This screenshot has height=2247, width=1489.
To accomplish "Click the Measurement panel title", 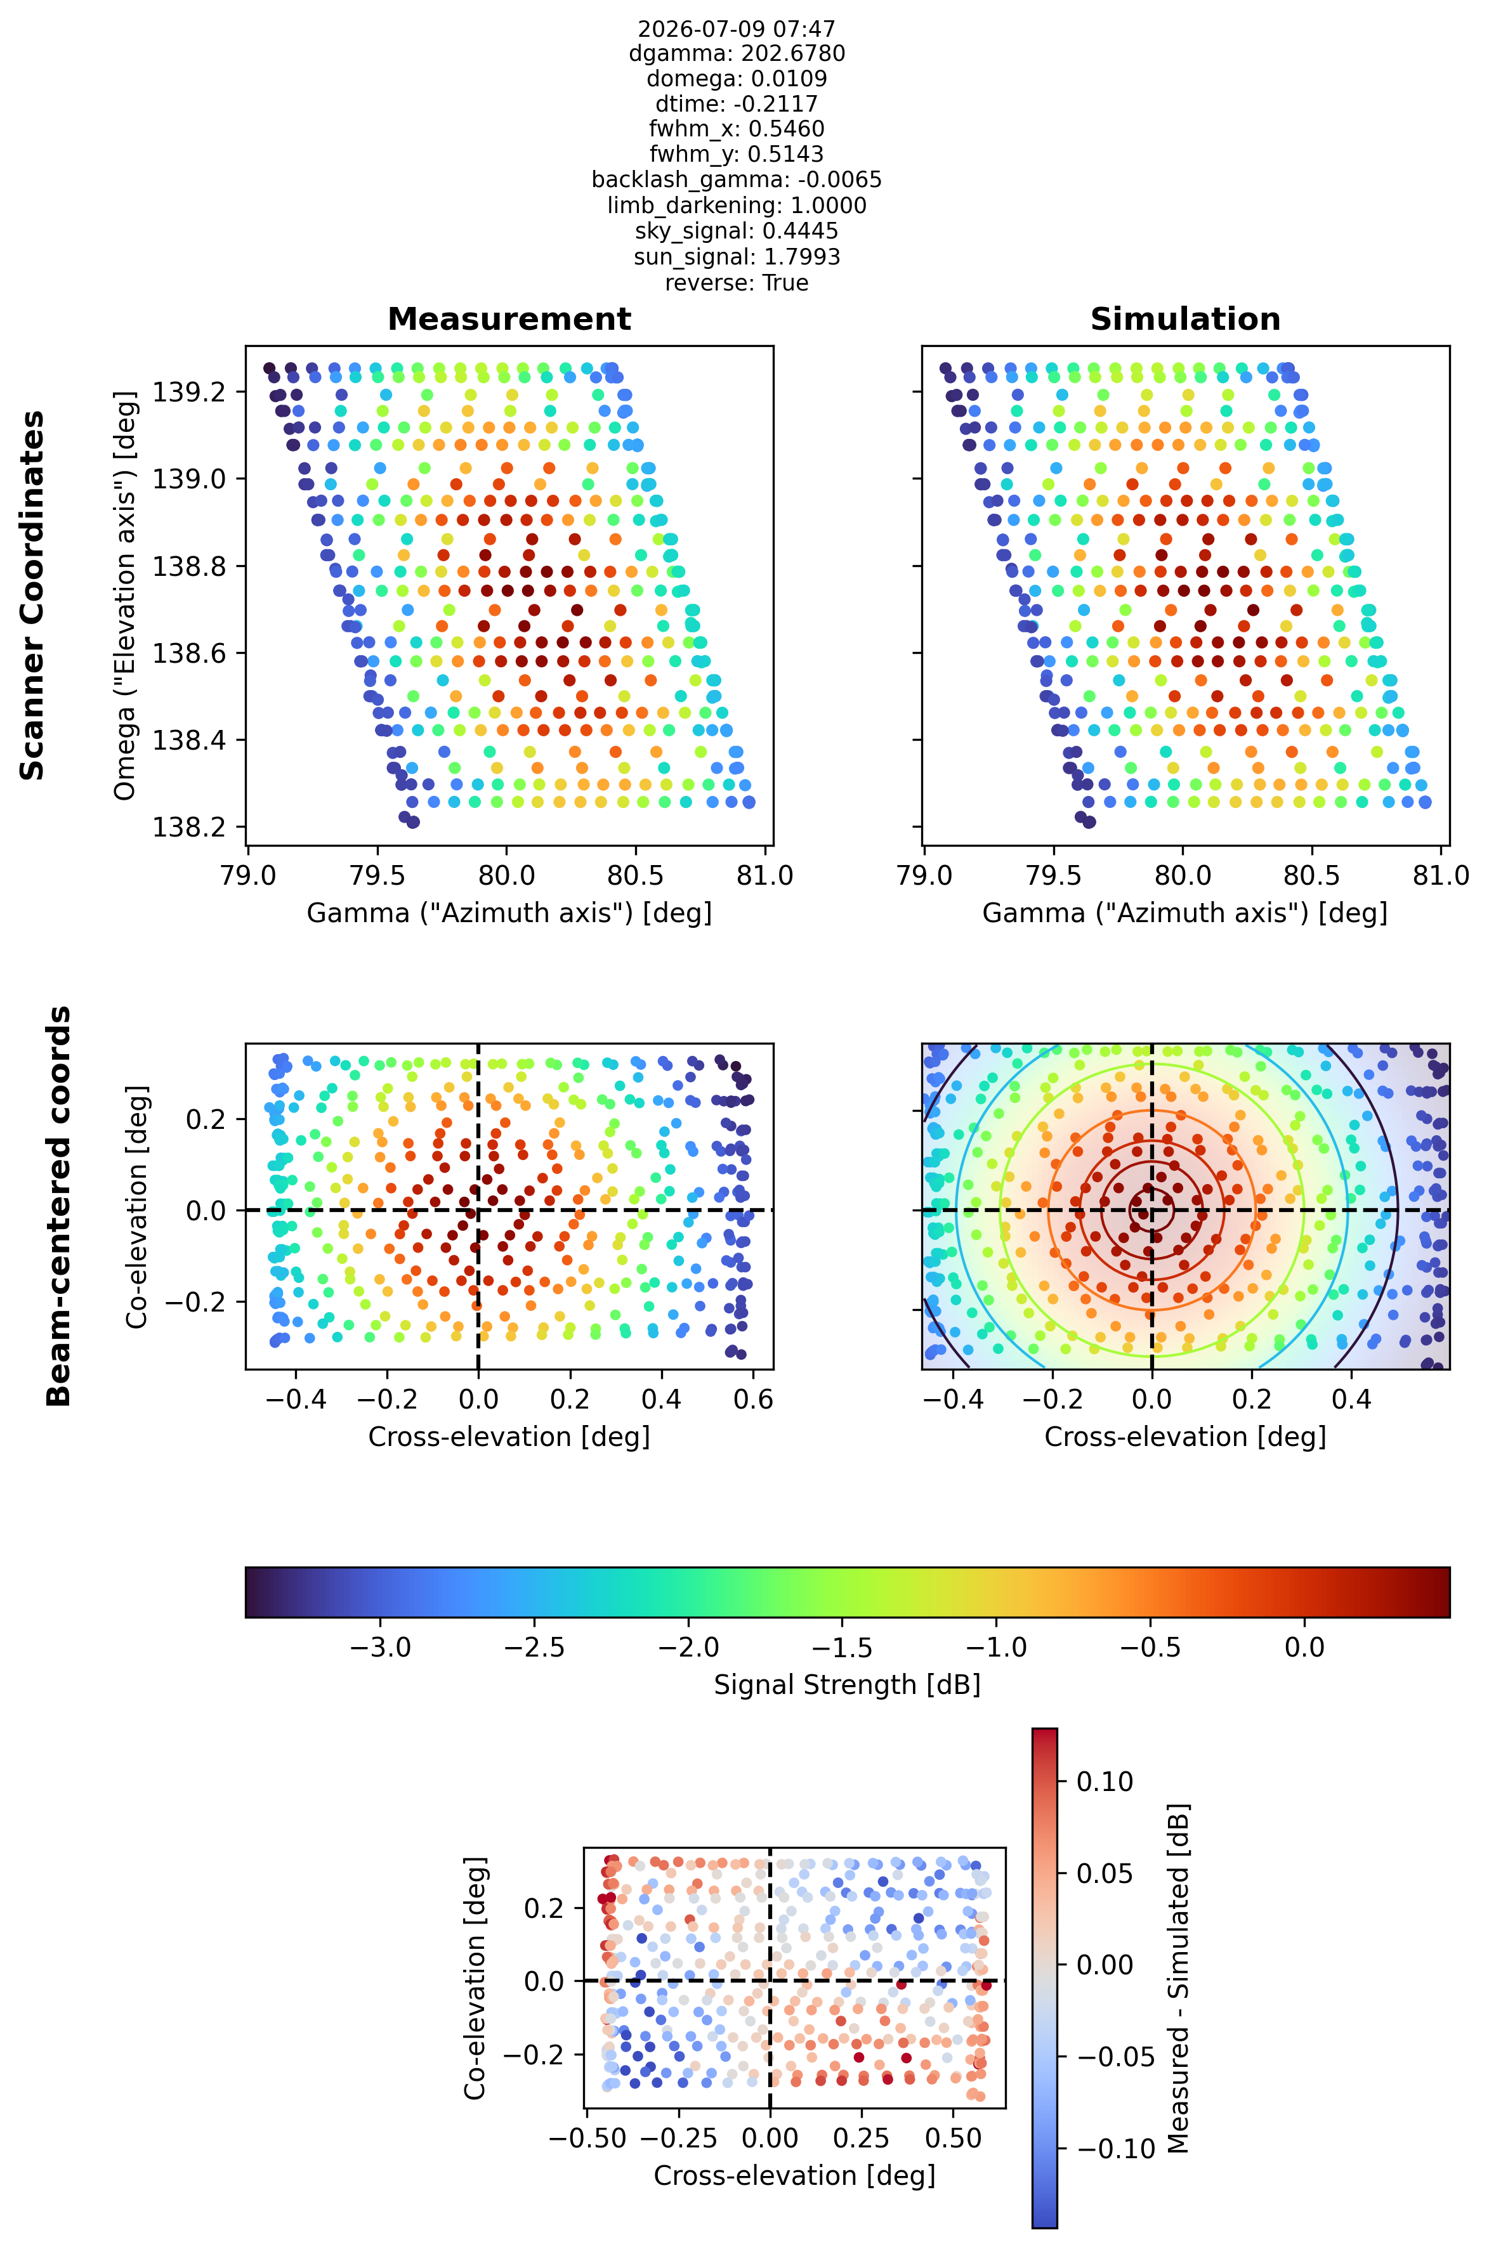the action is point(509,319).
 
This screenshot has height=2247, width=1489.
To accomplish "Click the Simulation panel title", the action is point(1185,319).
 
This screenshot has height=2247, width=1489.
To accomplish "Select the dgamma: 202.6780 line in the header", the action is point(737,53).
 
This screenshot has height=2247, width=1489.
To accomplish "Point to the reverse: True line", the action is point(737,283).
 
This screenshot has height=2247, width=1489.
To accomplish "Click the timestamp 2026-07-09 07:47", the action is point(737,29).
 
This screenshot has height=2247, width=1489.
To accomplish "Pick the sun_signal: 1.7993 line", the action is point(737,257).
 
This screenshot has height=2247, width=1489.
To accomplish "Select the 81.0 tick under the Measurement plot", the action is point(765,875).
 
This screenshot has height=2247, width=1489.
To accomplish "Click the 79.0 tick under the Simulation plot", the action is point(924,875).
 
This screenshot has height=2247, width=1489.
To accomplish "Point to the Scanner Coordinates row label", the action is point(33,596).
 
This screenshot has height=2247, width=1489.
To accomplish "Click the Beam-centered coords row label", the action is point(59,1206).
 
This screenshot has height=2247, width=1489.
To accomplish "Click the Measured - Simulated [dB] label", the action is point(1179,1978).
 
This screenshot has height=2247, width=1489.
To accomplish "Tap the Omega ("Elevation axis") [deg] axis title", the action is point(124,596).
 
